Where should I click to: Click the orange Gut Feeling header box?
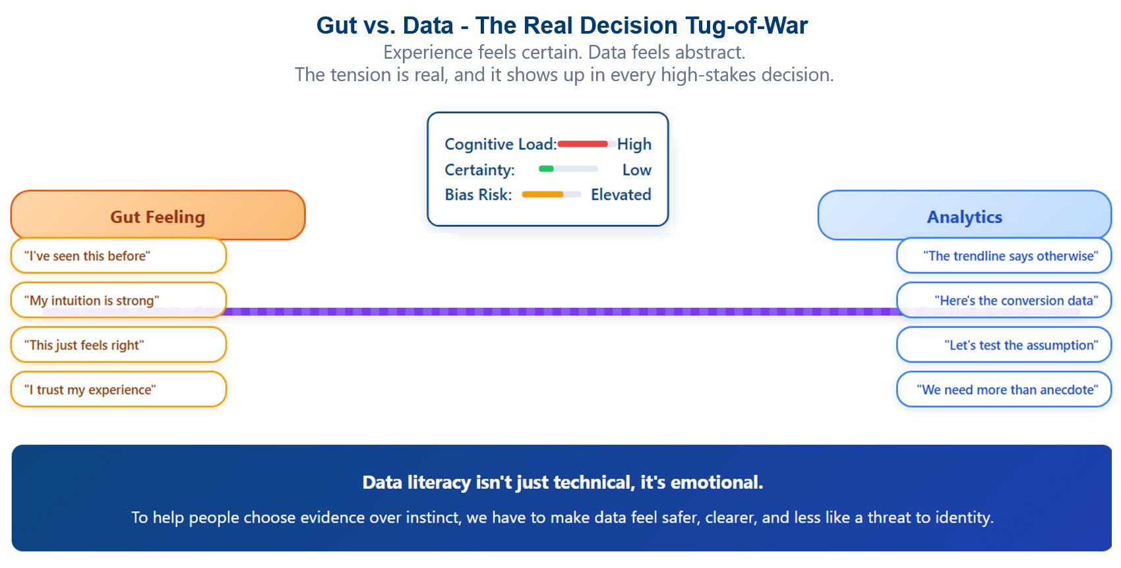click(158, 215)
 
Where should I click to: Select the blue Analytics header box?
click(964, 215)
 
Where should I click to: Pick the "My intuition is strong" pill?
click(119, 300)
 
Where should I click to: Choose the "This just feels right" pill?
click(119, 344)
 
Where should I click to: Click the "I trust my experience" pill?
click(119, 389)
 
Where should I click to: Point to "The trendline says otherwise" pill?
click(1004, 256)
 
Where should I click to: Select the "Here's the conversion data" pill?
click(1004, 300)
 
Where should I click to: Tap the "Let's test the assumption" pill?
click(1004, 344)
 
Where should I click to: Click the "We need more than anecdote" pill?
click(1004, 389)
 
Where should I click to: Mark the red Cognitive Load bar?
click(582, 144)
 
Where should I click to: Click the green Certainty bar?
click(546, 169)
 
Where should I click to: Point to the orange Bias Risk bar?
click(543, 195)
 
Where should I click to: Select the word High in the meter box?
click(634, 144)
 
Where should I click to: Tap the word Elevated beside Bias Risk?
click(621, 195)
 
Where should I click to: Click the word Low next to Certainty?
click(636, 170)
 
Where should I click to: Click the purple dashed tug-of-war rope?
click(560, 311)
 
